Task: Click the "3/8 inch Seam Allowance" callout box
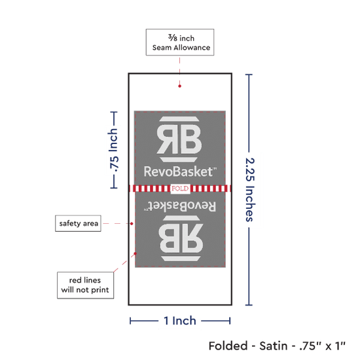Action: (x=180, y=43)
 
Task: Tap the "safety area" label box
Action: (x=78, y=223)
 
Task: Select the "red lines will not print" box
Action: (x=85, y=285)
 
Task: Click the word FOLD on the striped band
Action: (x=180, y=189)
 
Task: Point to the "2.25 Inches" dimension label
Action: (x=250, y=190)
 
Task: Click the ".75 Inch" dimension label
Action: (x=114, y=150)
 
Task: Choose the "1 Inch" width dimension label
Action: (x=180, y=321)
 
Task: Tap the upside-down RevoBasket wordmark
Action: (x=180, y=206)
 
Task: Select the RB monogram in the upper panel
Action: (x=179, y=139)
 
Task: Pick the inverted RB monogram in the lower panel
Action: (x=181, y=238)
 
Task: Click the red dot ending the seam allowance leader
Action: (x=179, y=86)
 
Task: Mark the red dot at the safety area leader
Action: (x=132, y=223)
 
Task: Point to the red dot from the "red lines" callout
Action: (x=135, y=253)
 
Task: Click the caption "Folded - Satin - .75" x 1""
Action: (x=277, y=346)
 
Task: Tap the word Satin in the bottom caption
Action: (x=273, y=346)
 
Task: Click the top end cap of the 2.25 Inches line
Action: (x=249, y=75)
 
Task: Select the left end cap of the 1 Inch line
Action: (x=130, y=321)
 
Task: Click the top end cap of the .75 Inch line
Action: (x=114, y=113)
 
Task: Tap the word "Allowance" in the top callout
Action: (x=192, y=48)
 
